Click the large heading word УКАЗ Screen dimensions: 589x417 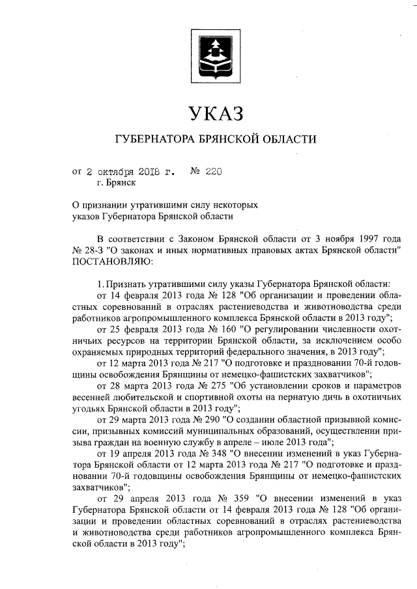pyautogui.click(x=215, y=113)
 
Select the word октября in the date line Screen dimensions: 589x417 pyautogui.click(x=115, y=172)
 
